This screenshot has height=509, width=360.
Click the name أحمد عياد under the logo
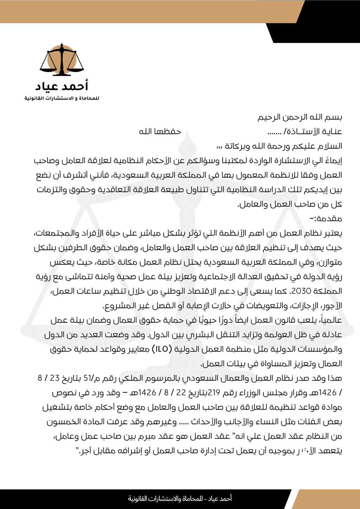[62, 86]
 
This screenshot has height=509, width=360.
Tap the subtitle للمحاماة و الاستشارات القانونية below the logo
[62, 98]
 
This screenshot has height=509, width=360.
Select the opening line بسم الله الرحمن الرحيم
[300, 117]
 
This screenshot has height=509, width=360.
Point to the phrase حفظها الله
[160, 131]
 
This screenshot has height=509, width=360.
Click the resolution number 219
[214, 393]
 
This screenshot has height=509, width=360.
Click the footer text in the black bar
[180, 498]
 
